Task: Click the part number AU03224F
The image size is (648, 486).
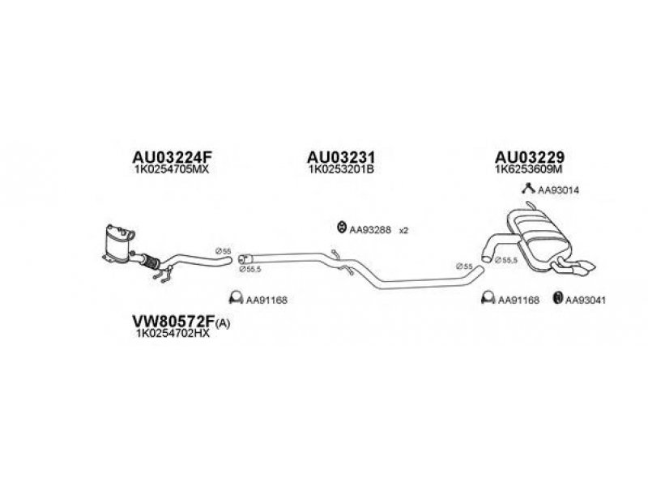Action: [x=175, y=156]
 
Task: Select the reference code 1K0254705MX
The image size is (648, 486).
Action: [x=175, y=170]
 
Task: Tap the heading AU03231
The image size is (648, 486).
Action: [x=340, y=156]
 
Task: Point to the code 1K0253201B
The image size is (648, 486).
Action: [x=340, y=170]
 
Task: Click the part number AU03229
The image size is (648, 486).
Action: [x=530, y=156]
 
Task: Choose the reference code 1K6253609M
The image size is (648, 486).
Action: [x=530, y=170]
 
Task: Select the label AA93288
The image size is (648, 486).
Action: [x=370, y=230]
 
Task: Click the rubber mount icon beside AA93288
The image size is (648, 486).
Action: [x=340, y=229]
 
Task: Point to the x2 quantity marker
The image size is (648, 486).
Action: [x=404, y=230]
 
